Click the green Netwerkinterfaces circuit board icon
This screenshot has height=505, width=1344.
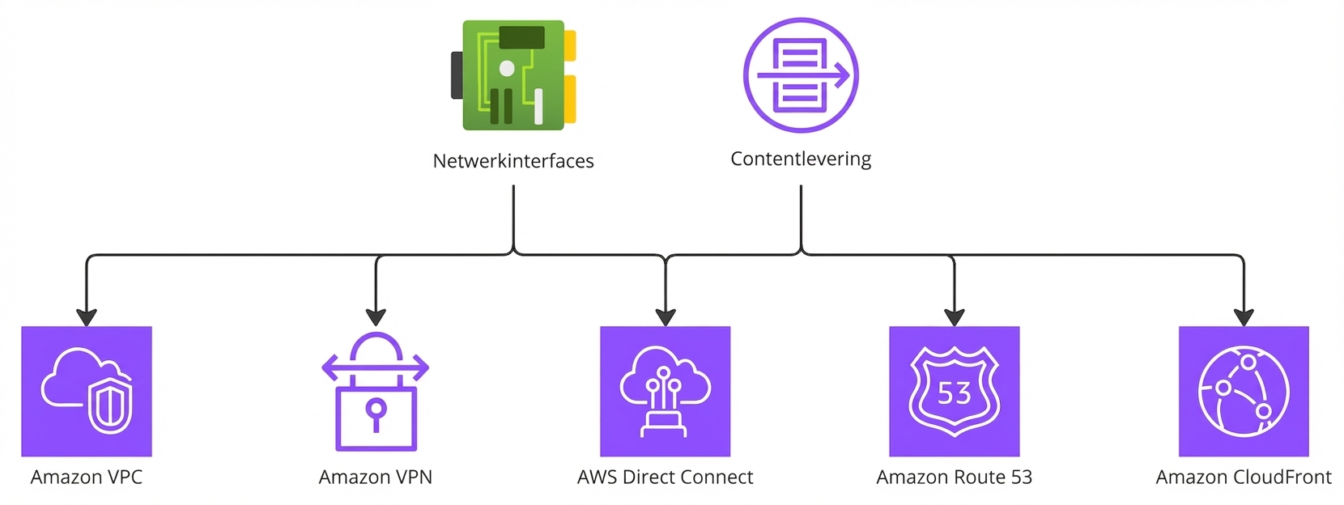513,75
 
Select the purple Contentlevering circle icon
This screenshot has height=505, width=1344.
801,75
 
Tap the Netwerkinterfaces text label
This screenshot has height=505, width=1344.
513,161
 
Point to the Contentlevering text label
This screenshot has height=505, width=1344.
801,159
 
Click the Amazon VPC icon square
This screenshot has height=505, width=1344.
87,391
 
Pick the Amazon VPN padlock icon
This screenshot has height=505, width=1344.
376,392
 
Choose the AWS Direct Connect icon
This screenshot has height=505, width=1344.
665,391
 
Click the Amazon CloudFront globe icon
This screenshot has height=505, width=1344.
1243,391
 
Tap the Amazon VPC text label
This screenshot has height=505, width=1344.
87,477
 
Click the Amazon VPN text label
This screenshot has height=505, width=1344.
376,477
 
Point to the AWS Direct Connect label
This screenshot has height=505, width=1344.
665,477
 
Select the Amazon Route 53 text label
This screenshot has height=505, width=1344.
954,477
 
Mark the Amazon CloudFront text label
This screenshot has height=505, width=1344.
1243,477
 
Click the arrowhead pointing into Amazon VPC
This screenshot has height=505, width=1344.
87,317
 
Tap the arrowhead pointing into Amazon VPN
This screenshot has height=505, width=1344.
376,317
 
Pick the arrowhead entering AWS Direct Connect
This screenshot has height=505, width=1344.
665,317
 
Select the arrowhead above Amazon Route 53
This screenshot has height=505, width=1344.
954,317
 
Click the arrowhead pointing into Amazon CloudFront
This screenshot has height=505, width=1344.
1243,317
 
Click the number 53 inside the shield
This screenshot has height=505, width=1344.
954,394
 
